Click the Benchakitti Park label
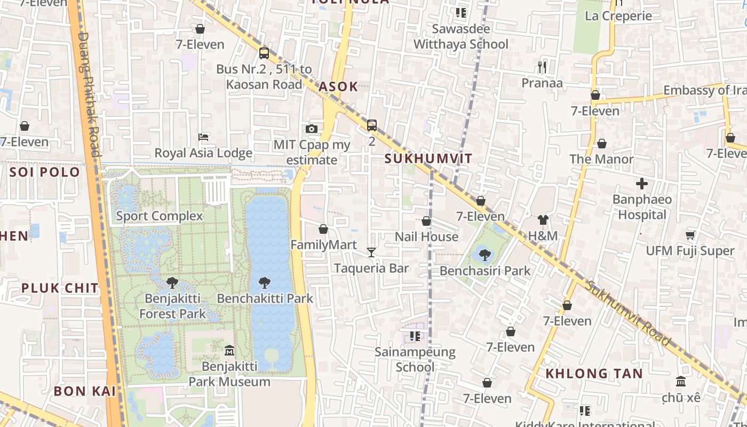(x=265, y=298)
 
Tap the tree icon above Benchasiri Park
(x=484, y=255)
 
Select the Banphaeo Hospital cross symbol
(x=642, y=184)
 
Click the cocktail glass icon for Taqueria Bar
(x=371, y=252)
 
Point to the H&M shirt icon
(x=543, y=220)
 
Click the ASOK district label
(x=338, y=87)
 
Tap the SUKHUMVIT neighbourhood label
(x=428, y=159)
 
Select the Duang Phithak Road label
(x=89, y=93)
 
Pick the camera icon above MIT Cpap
(x=312, y=129)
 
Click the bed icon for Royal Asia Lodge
(x=203, y=137)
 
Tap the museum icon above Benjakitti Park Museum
(x=229, y=350)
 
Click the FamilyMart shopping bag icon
(x=323, y=229)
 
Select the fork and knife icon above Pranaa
(x=542, y=67)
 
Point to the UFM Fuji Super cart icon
(x=690, y=235)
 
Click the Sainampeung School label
(x=415, y=359)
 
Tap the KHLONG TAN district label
(x=594, y=374)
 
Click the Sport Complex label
(x=160, y=216)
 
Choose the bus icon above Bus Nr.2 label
(x=264, y=53)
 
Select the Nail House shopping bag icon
(x=426, y=220)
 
